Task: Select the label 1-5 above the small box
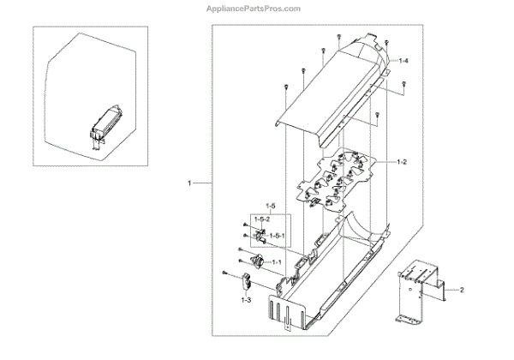tap(269, 207)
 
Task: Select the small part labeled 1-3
tap(244, 279)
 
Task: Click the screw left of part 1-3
tap(224, 273)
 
